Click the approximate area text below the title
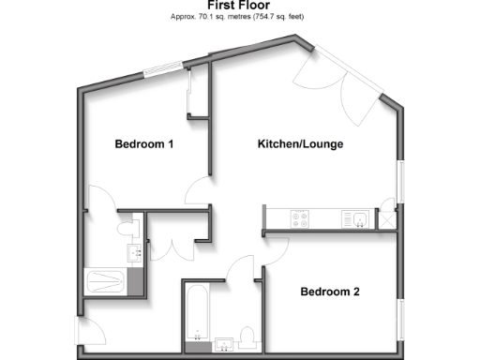pos(239,17)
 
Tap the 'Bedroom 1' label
pos(143,144)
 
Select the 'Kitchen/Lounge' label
pos(300,144)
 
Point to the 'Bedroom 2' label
pos(329,292)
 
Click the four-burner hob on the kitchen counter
pos(302,219)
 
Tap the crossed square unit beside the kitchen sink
pos(387,218)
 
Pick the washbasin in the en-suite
pos(134,251)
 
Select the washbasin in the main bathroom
pos(225,341)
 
